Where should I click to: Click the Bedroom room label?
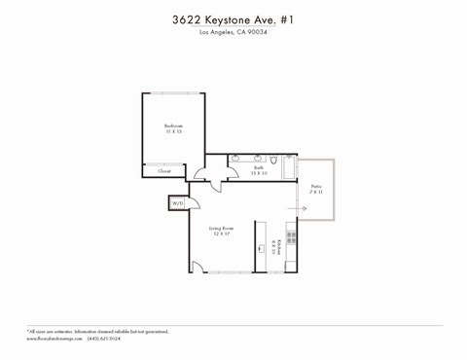(173, 126)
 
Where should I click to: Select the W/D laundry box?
(178, 203)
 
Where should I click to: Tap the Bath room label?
(259, 168)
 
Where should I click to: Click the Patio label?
(315, 186)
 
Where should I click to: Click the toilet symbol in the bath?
(275, 161)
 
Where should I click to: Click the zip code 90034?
(256, 33)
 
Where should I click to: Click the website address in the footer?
(54, 339)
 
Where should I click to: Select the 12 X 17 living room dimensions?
(222, 234)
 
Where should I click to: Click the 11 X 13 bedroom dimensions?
(173, 132)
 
